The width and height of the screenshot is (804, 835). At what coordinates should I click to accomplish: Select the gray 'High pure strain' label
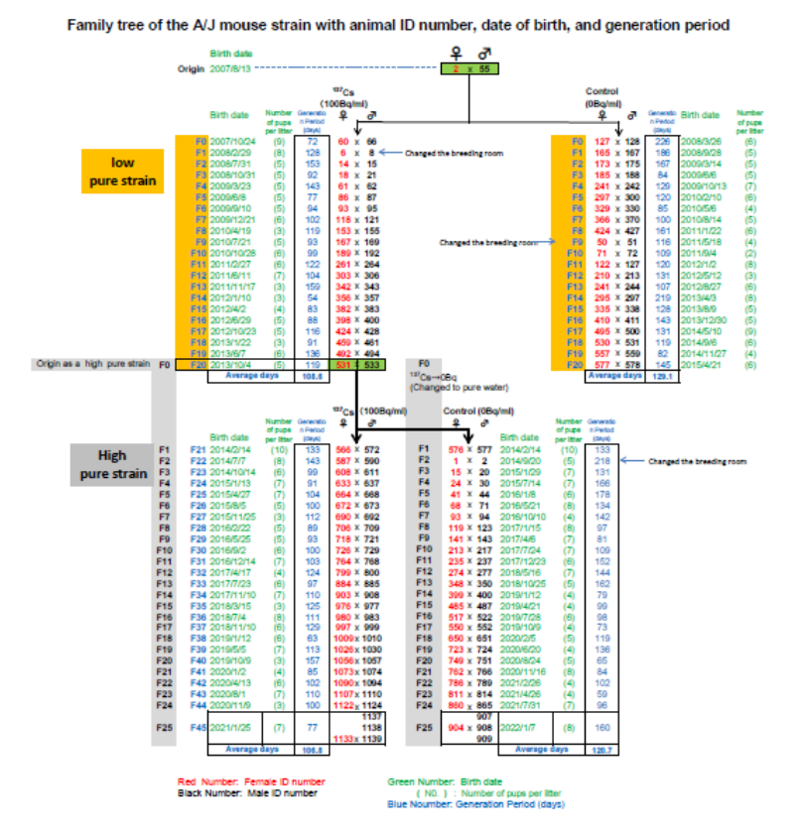click(111, 464)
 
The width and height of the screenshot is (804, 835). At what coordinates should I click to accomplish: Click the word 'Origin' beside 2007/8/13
click(191, 68)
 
